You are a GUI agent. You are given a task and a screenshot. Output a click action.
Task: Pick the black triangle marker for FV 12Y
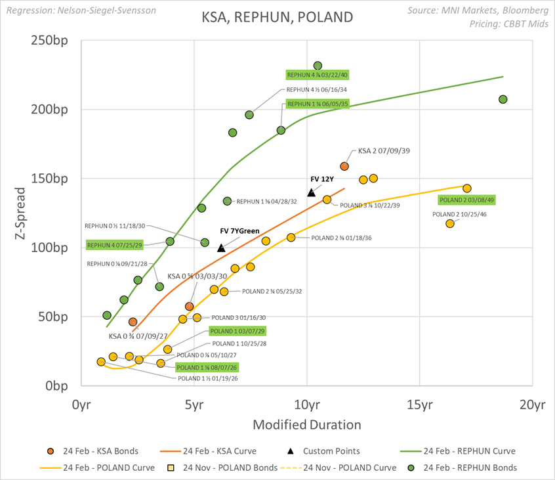(312, 192)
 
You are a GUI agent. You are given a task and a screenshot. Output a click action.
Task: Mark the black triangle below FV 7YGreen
(221, 248)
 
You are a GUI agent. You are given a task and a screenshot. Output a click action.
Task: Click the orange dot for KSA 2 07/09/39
(344, 166)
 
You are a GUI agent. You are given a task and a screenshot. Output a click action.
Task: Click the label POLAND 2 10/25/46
(459, 214)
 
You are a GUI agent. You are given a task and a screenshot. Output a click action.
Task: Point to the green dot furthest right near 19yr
(503, 99)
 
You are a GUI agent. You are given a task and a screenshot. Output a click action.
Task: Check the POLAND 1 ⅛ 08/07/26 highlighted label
(207, 367)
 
